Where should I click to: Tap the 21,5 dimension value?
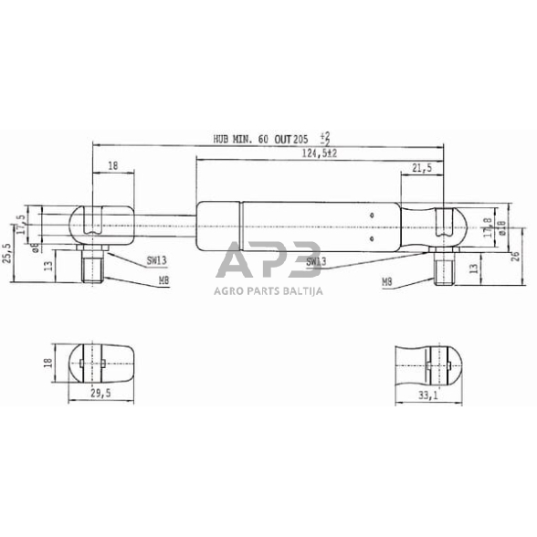(x=422, y=169)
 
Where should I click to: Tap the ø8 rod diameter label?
(x=35, y=247)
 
